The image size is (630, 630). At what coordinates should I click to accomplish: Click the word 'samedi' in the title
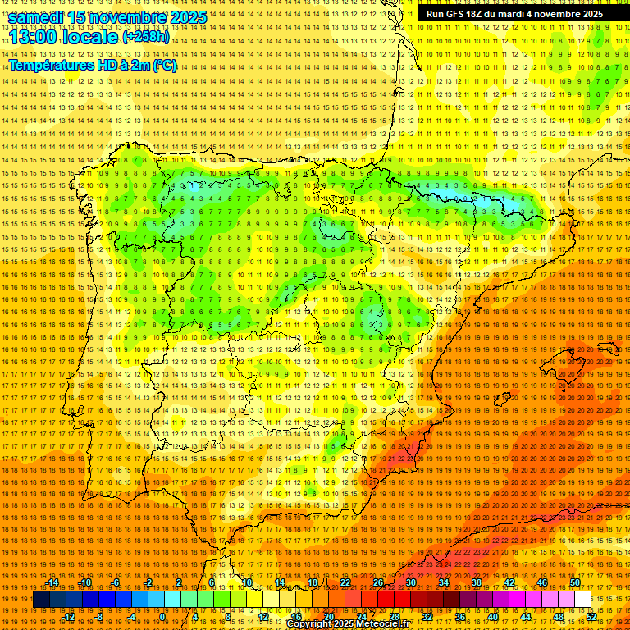36,17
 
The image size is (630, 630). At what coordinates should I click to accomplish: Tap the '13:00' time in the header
33,37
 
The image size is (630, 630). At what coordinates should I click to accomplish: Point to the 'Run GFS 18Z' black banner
514,14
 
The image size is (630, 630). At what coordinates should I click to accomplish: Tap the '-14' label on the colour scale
53,582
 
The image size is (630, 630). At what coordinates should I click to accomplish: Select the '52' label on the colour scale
591,616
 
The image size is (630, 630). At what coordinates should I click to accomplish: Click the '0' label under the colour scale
162,616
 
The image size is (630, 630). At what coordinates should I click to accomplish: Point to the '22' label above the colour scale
345,582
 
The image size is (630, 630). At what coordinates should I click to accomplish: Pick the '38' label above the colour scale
477,582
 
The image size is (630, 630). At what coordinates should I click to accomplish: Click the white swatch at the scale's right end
582,600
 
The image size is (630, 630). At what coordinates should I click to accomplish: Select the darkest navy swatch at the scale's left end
41,600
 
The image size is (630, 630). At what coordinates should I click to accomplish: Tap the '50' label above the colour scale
575,582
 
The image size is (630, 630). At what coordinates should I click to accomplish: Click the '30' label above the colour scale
411,582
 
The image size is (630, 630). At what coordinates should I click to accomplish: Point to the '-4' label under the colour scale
131,616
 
